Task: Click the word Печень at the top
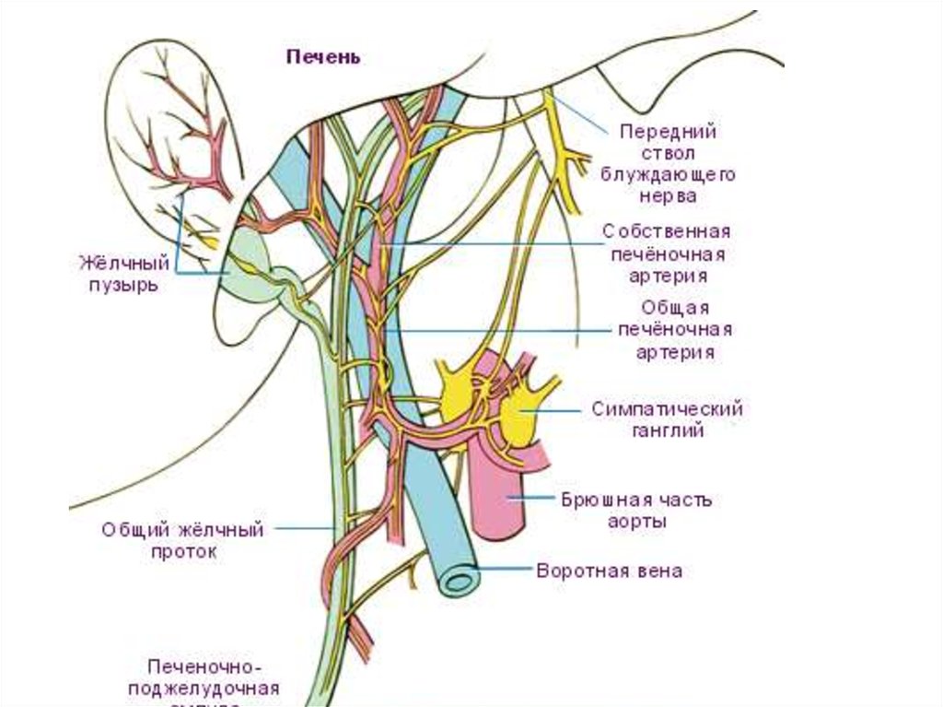(x=322, y=57)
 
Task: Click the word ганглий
(x=667, y=430)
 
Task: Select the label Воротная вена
(x=610, y=571)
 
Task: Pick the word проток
(x=184, y=552)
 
